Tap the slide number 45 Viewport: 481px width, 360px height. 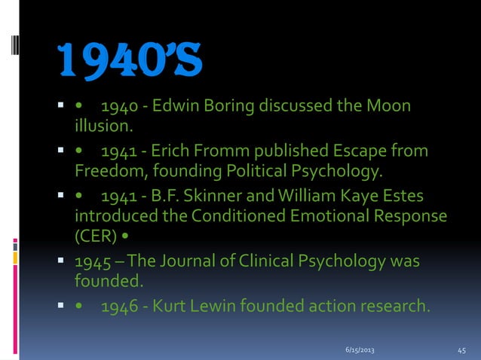(463, 351)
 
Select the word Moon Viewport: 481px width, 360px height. (390, 105)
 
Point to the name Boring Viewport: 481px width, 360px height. (226, 105)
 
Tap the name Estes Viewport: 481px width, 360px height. (400, 197)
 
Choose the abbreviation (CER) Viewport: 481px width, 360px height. (94, 237)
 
